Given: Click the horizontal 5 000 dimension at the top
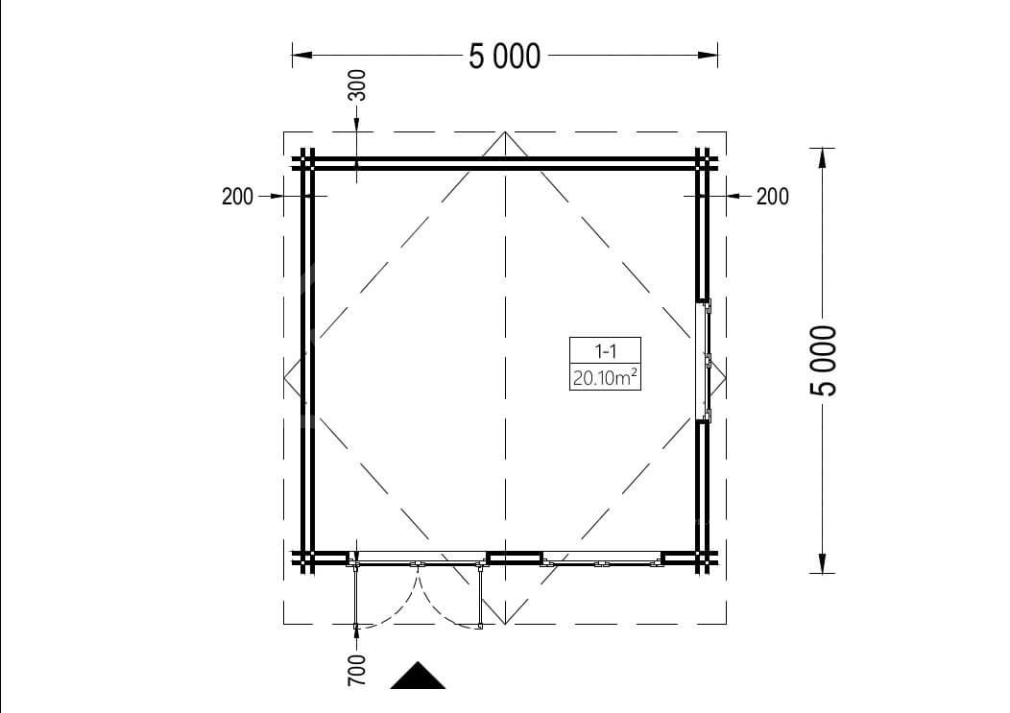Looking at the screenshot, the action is [x=504, y=56].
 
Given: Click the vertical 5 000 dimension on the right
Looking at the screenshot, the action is [x=824, y=360].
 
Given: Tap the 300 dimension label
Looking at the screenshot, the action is [x=356, y=85].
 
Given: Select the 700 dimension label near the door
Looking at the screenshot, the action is [x=356, y=670].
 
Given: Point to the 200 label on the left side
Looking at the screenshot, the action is [x=238, y=196].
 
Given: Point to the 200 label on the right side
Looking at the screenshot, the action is [x=772, y=196].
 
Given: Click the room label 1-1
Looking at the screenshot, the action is [x=605, y=351].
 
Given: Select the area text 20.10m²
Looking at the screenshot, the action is [x=605, y=377].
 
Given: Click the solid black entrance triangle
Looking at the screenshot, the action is [x=418, y=676].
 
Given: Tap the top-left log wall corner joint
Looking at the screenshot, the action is [x=307, y=162].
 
